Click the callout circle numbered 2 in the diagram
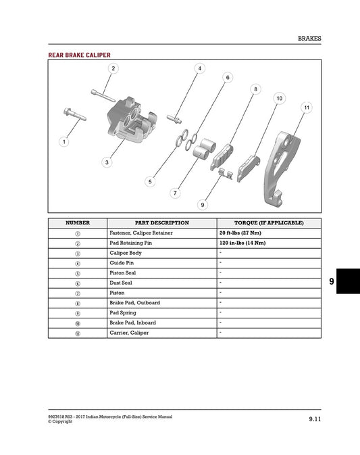coord(113,68)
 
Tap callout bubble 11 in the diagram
coord(307,107)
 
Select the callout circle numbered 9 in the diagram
coord(203,203)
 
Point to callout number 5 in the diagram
coord(150,182)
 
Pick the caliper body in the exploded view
coord(128,122)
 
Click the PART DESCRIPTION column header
coord(161,222)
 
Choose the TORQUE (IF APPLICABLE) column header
coord(269,222)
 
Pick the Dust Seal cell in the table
coord(123,283)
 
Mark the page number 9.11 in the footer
coord(313,419)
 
